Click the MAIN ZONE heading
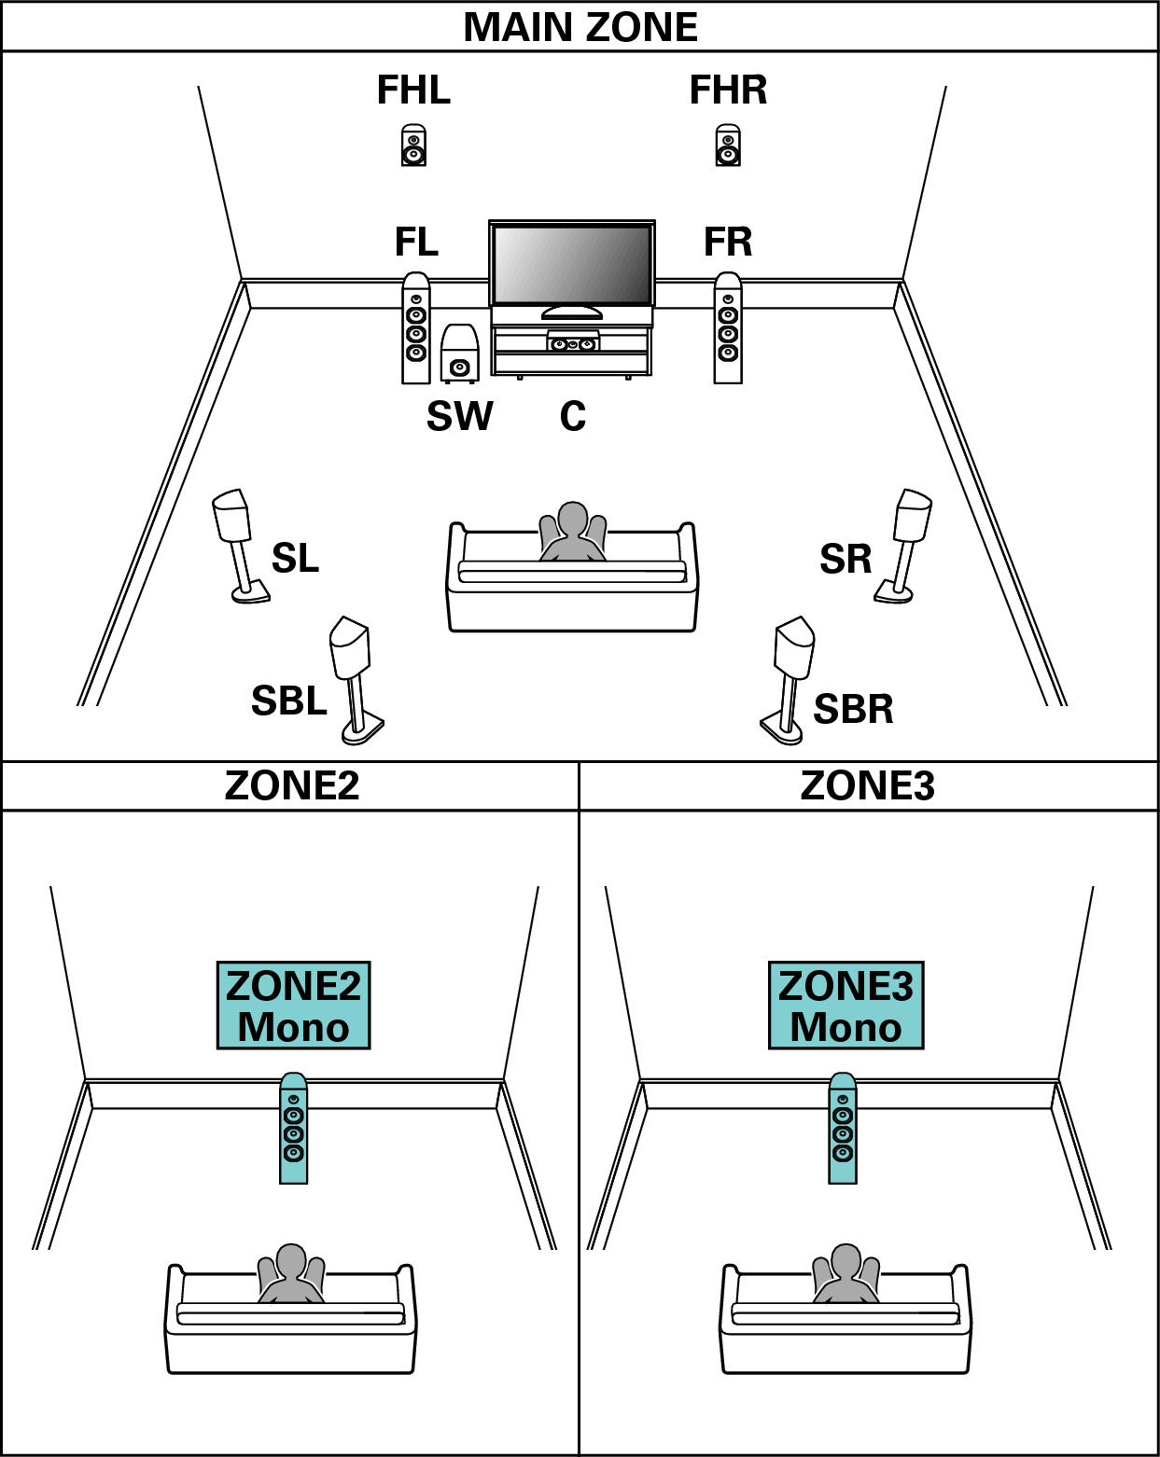point(580,27)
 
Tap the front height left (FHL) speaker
point(413,146)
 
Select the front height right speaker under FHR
point(728,146)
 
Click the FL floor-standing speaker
point(416,328)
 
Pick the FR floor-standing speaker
point(728,328)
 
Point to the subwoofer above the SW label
point(459,355)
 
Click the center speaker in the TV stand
point(572,343)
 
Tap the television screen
point(571,264)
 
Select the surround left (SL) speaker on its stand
point(235,541)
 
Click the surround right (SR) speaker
point(908,541)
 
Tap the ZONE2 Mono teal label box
point(293,1006)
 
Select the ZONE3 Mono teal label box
point(846,1006)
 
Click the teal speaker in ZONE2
point(293,1129)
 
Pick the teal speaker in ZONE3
point(843,1129)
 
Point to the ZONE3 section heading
point(867,785)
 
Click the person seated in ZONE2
point(291,1274)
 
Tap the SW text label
point(459,416)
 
